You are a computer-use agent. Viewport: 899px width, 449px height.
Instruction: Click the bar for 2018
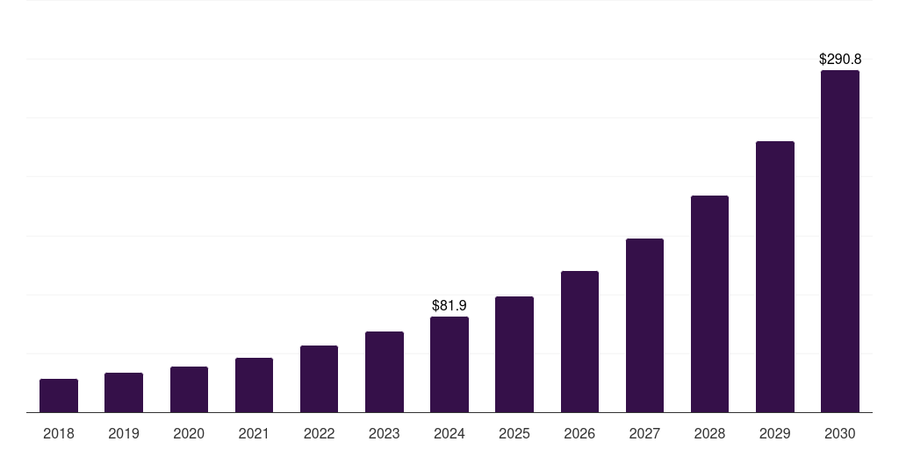[59, 396]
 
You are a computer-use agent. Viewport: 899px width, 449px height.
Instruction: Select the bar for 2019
[124, 392]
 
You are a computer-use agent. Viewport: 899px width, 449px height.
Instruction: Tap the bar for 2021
[254, 385]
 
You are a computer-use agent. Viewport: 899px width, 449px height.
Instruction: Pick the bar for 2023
[385, 372]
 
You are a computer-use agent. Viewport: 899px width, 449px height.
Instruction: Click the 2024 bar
[449, 364]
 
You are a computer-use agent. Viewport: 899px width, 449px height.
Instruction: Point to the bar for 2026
[579, 341]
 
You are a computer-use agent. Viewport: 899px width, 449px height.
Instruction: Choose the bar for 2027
[644, 325]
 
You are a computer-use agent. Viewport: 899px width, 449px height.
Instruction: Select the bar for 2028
[709, 303]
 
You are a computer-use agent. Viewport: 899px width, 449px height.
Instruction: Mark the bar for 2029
[775, 276]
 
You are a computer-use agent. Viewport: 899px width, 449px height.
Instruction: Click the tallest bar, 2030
[840, 241]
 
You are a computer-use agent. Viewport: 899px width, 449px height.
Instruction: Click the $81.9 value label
[449, 305]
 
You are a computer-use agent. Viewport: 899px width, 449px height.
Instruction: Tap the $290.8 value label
[840, 60]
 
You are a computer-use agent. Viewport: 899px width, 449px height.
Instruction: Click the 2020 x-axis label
[189, 433]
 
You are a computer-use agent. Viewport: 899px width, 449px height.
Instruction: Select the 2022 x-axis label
[319, 433]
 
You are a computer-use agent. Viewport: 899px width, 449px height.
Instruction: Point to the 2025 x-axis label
[514, 433]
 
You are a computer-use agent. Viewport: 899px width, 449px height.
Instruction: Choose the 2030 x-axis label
[840, 433]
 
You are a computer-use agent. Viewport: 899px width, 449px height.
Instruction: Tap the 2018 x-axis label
[59, 433]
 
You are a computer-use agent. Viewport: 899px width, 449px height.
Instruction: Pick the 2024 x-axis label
[449, 433]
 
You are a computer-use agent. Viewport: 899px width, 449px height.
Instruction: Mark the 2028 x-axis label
[709, 433]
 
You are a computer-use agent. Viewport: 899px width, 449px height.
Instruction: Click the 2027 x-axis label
[644, 433]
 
